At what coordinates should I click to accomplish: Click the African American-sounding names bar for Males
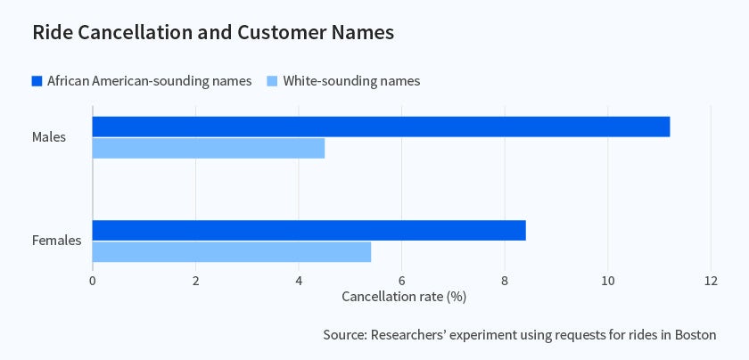[381, 127]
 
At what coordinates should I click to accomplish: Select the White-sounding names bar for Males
[208, 148]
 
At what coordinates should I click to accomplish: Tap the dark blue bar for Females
[309, 230]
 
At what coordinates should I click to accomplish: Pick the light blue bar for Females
[231, 251]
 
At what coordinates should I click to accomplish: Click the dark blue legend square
[37, 81]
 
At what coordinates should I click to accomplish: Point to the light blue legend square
[273, 81]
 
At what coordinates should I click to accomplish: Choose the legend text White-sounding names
[351, 81]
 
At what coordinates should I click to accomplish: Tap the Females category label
[57, 241]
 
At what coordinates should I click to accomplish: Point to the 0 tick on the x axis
[93, 280]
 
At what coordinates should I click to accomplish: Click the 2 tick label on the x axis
[195, 280]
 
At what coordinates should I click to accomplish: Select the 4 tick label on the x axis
[299, 280]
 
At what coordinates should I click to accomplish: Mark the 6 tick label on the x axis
[401, 280]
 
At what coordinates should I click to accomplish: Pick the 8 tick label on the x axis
[505, 280]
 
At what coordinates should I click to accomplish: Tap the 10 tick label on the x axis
[607, 280]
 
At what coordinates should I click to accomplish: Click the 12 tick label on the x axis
[711, 280]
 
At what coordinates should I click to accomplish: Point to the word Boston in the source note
[695, 335]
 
